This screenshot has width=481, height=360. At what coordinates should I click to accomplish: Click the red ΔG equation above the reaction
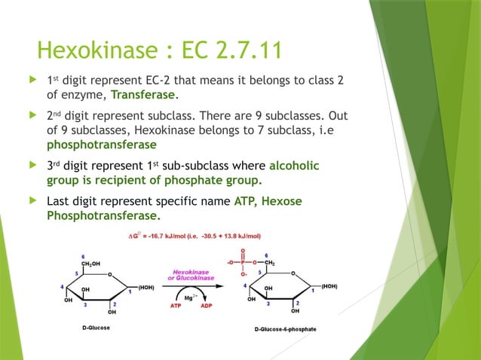coord(194,236)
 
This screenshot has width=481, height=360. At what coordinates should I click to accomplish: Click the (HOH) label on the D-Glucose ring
coord(144,287)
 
